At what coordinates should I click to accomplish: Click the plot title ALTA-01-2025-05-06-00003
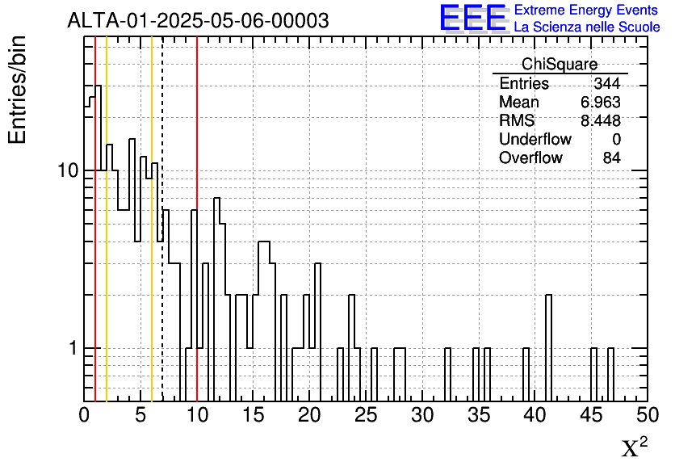(x=198, y=21)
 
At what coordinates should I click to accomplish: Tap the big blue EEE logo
(x=472, y=18)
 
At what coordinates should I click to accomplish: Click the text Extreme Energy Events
(x=587, y=10)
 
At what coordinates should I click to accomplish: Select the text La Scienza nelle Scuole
(x=587, y=27)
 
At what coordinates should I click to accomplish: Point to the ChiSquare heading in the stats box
(x=560, y=65)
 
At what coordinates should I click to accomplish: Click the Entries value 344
(x=606, y=84)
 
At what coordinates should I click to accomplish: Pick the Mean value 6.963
(x=601, y=103)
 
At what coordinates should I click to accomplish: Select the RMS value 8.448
(x=601, y=121)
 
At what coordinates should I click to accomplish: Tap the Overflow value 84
(x=612, y=158)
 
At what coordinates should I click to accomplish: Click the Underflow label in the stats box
(x=535, y=140)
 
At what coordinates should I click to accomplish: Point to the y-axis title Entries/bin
(x=18, y=90)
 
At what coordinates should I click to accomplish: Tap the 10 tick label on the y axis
(x=68, y=171)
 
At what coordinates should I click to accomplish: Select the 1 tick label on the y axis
(x=73, y=349)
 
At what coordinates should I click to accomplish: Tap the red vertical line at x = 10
(x=197, y=121)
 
